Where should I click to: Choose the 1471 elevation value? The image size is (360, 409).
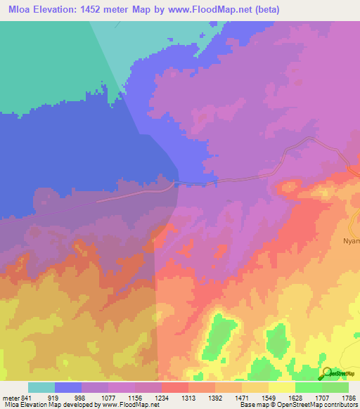pyautogui.click(x=243, y=398)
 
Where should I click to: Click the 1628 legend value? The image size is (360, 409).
pyautogui.click(x=295, y=398)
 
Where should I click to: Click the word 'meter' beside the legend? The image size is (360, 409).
pyautogui.click(x=11, y=398)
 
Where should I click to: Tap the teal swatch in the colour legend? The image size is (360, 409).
pyautogui.click(x=41, y=387)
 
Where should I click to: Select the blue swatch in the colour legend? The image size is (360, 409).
pyautogui.click(x=68, y=387)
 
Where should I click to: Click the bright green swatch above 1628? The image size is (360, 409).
pyautogui.click(x=308, y=387)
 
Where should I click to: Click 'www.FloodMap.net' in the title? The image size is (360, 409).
pyautogui.click(x=233, y=10)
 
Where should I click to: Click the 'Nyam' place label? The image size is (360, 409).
pyautogui.click(x=351, y=240)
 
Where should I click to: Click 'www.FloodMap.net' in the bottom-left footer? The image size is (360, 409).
pyautogui.click(x=131, y=405)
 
